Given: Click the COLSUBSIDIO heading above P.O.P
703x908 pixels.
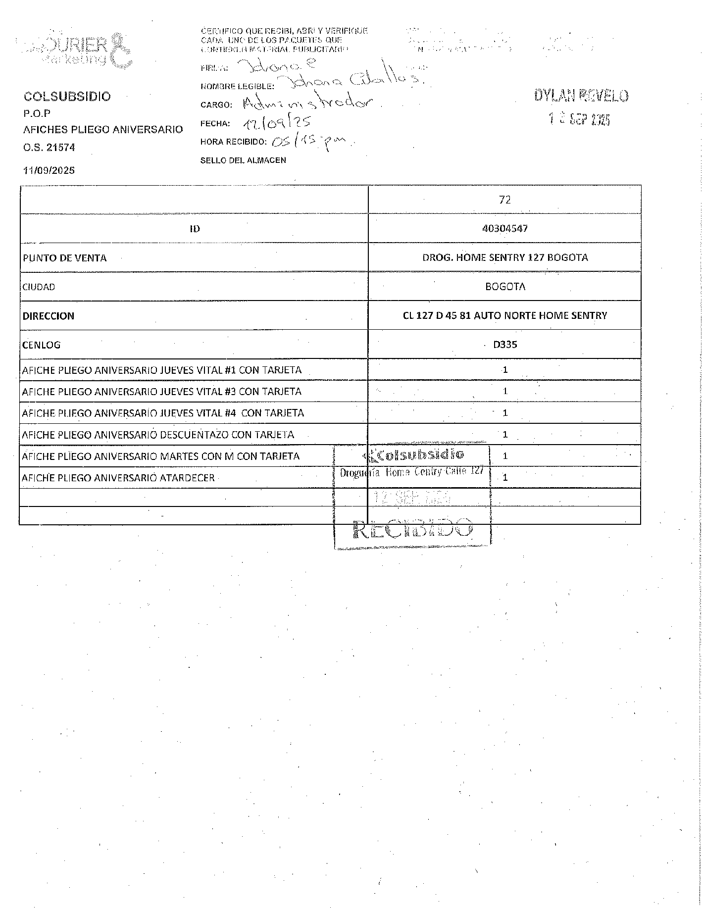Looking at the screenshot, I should (x=67, y=97).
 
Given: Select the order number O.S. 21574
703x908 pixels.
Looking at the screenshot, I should (x=49, y=147).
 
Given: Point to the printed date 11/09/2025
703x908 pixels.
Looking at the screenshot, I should (x=49, y=170).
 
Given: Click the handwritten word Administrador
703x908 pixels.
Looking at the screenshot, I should (x=312, y=103).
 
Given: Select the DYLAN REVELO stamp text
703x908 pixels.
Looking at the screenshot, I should (x=581, y=96).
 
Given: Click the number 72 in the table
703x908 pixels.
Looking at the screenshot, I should (x=504, y=200).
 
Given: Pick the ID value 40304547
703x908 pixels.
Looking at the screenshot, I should (x=504, y=228).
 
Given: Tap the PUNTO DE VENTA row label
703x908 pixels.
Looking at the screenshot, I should (x=65, y=258).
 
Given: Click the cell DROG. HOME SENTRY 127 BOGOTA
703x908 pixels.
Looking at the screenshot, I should (x=504, y=257).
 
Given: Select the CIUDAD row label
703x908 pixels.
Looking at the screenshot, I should (x=39, y=287).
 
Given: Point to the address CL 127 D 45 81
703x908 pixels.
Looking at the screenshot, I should (x=504, y=315).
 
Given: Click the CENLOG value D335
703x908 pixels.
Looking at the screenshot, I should (x=504, y=345).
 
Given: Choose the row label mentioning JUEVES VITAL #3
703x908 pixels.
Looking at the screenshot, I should (x=162, y=392).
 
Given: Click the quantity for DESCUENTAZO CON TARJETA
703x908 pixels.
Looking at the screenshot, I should (x=505, y=435).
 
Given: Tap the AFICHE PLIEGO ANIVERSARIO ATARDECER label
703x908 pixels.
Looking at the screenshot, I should (x=118, y=478).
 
